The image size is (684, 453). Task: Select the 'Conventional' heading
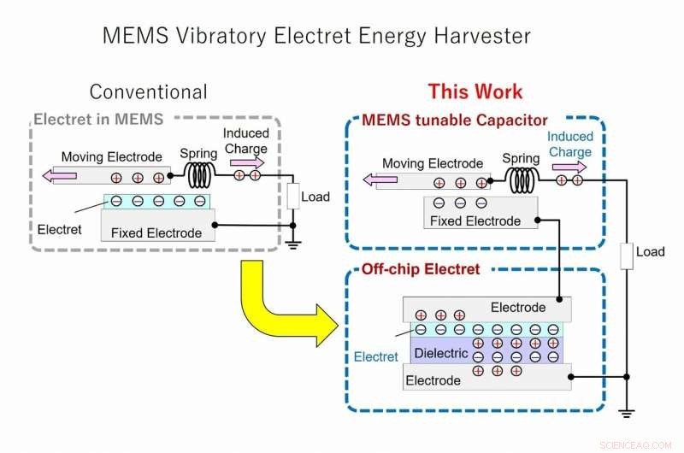click(x=148, y=91)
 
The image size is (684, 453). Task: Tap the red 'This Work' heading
click(x=475, y=91)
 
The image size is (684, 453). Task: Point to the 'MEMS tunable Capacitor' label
click(x=455, y=120)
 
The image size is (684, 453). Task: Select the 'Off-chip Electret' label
click(x=420, y=269)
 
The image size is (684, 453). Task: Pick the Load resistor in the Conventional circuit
click(x=293, y=197)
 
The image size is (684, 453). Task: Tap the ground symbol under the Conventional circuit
click(x=293, y=242)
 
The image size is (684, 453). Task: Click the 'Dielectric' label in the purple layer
click(x=440, y=353)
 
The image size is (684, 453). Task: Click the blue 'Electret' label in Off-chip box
click(x=376, y=356)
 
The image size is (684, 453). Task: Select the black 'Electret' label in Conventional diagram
click(x=60, y=229)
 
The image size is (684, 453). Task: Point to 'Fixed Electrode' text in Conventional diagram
click(x=156, y=232)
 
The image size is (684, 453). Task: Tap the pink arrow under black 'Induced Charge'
click(x=248, y=162)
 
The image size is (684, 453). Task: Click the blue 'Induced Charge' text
click(x=569, y=144)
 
